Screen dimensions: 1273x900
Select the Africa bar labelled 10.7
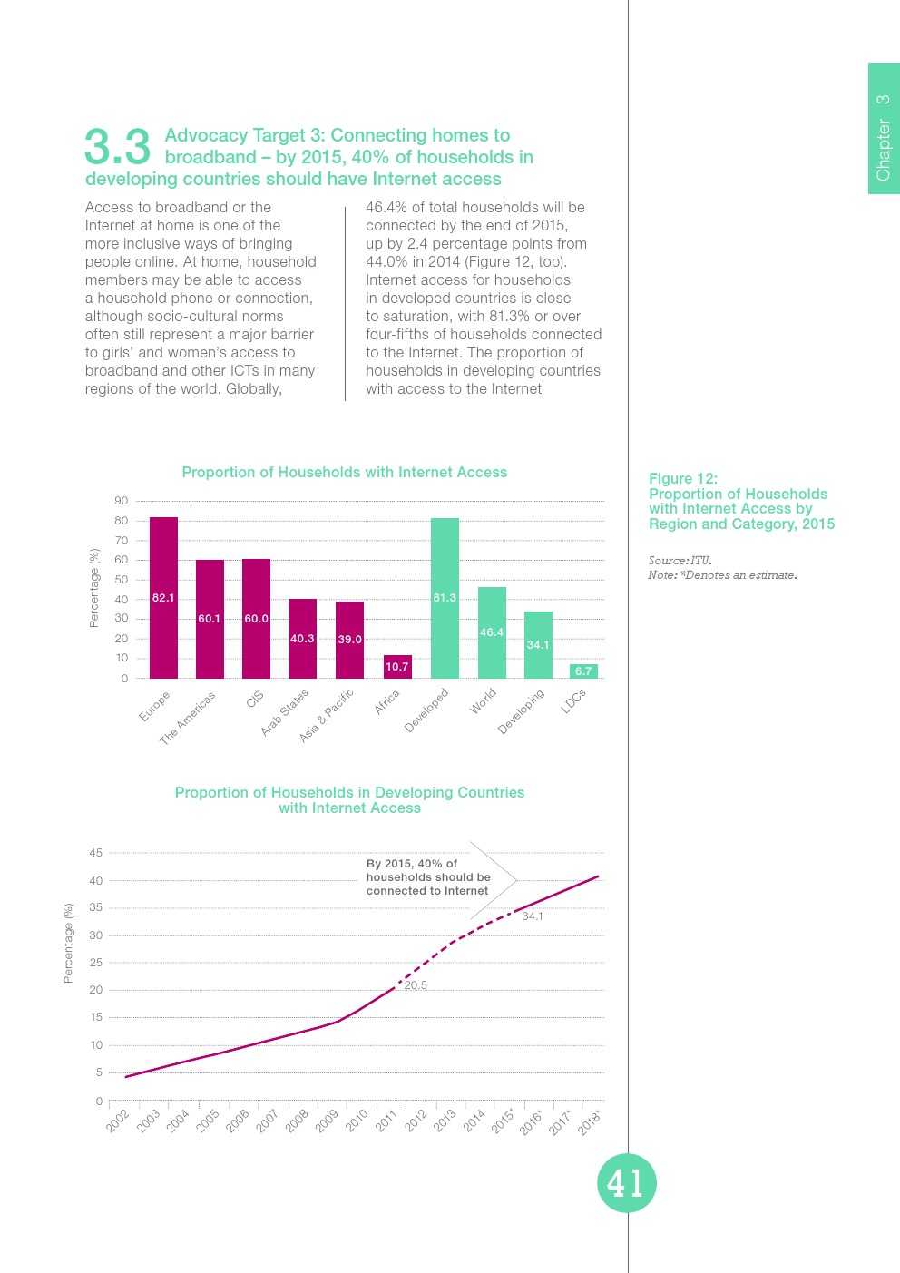(397, 666)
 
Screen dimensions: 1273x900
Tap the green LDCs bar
(583, 671)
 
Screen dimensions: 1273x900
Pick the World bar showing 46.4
(492, 632)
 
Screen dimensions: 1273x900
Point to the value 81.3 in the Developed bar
(445, 598)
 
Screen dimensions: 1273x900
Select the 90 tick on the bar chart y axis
(122, 501)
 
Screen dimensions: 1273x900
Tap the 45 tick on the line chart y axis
(96, 853)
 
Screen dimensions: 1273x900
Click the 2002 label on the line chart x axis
(118, 1121)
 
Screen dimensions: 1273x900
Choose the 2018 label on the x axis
(589, 1122)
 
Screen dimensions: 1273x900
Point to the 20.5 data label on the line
(416, 985)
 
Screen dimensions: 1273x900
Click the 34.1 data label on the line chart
(533, 916)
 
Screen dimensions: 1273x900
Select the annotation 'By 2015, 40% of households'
(428, 877)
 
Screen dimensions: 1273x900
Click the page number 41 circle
(626, 1183)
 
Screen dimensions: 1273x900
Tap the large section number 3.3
(117, 147)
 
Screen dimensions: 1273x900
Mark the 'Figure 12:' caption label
(683, 479)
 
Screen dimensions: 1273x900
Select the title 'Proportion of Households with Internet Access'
(344, 473)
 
